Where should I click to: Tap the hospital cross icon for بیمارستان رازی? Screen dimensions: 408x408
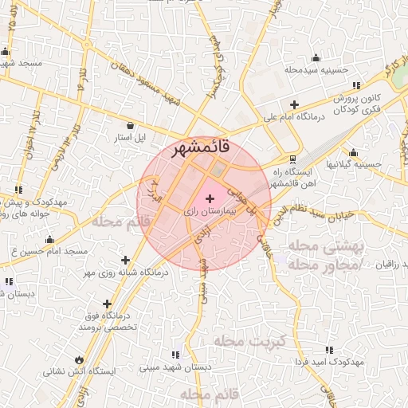point(210,198)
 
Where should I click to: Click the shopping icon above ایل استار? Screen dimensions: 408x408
point(130,124)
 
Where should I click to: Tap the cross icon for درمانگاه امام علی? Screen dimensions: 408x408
point(294,104)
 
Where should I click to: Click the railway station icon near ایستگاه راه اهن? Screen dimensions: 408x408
point(294,159)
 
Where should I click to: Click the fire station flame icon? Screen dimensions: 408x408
point(78,358)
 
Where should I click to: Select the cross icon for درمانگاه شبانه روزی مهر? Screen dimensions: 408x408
point(125,259)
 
